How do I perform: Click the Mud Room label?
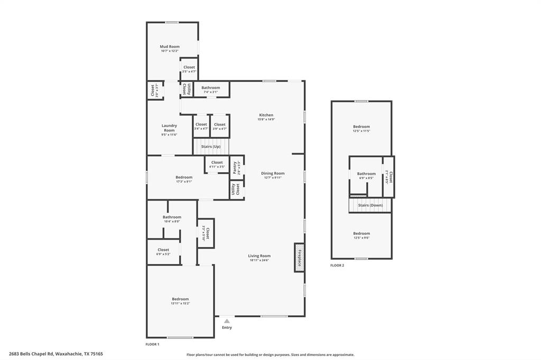(x=170, y=46)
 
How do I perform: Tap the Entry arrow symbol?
(x=227, y=320)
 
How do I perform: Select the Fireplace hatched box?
(x=299, y=258)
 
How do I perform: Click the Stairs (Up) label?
(x=211, y=146)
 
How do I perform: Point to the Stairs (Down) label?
(x=370, y=205)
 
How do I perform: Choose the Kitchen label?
(x=266, y=115)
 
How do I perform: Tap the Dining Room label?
(x=273, y=173)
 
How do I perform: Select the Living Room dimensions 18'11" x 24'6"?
(x=259, y=260)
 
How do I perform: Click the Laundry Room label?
(x=169, y=128)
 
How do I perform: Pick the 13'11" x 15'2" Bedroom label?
(x=180, y=299)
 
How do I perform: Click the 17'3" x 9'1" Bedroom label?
(x=184, y=177)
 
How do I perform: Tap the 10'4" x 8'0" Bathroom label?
(x=172, y=217)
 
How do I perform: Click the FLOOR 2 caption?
(x=337, y=266)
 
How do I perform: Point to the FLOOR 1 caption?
(x=152, y=344)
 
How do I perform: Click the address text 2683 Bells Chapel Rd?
(x=32, y=354)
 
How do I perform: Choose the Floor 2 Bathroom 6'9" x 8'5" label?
(x=366, y=174)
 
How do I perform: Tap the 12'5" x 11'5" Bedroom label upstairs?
(x=361, y=127)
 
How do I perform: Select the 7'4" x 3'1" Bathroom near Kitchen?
(x=211, y=88)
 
